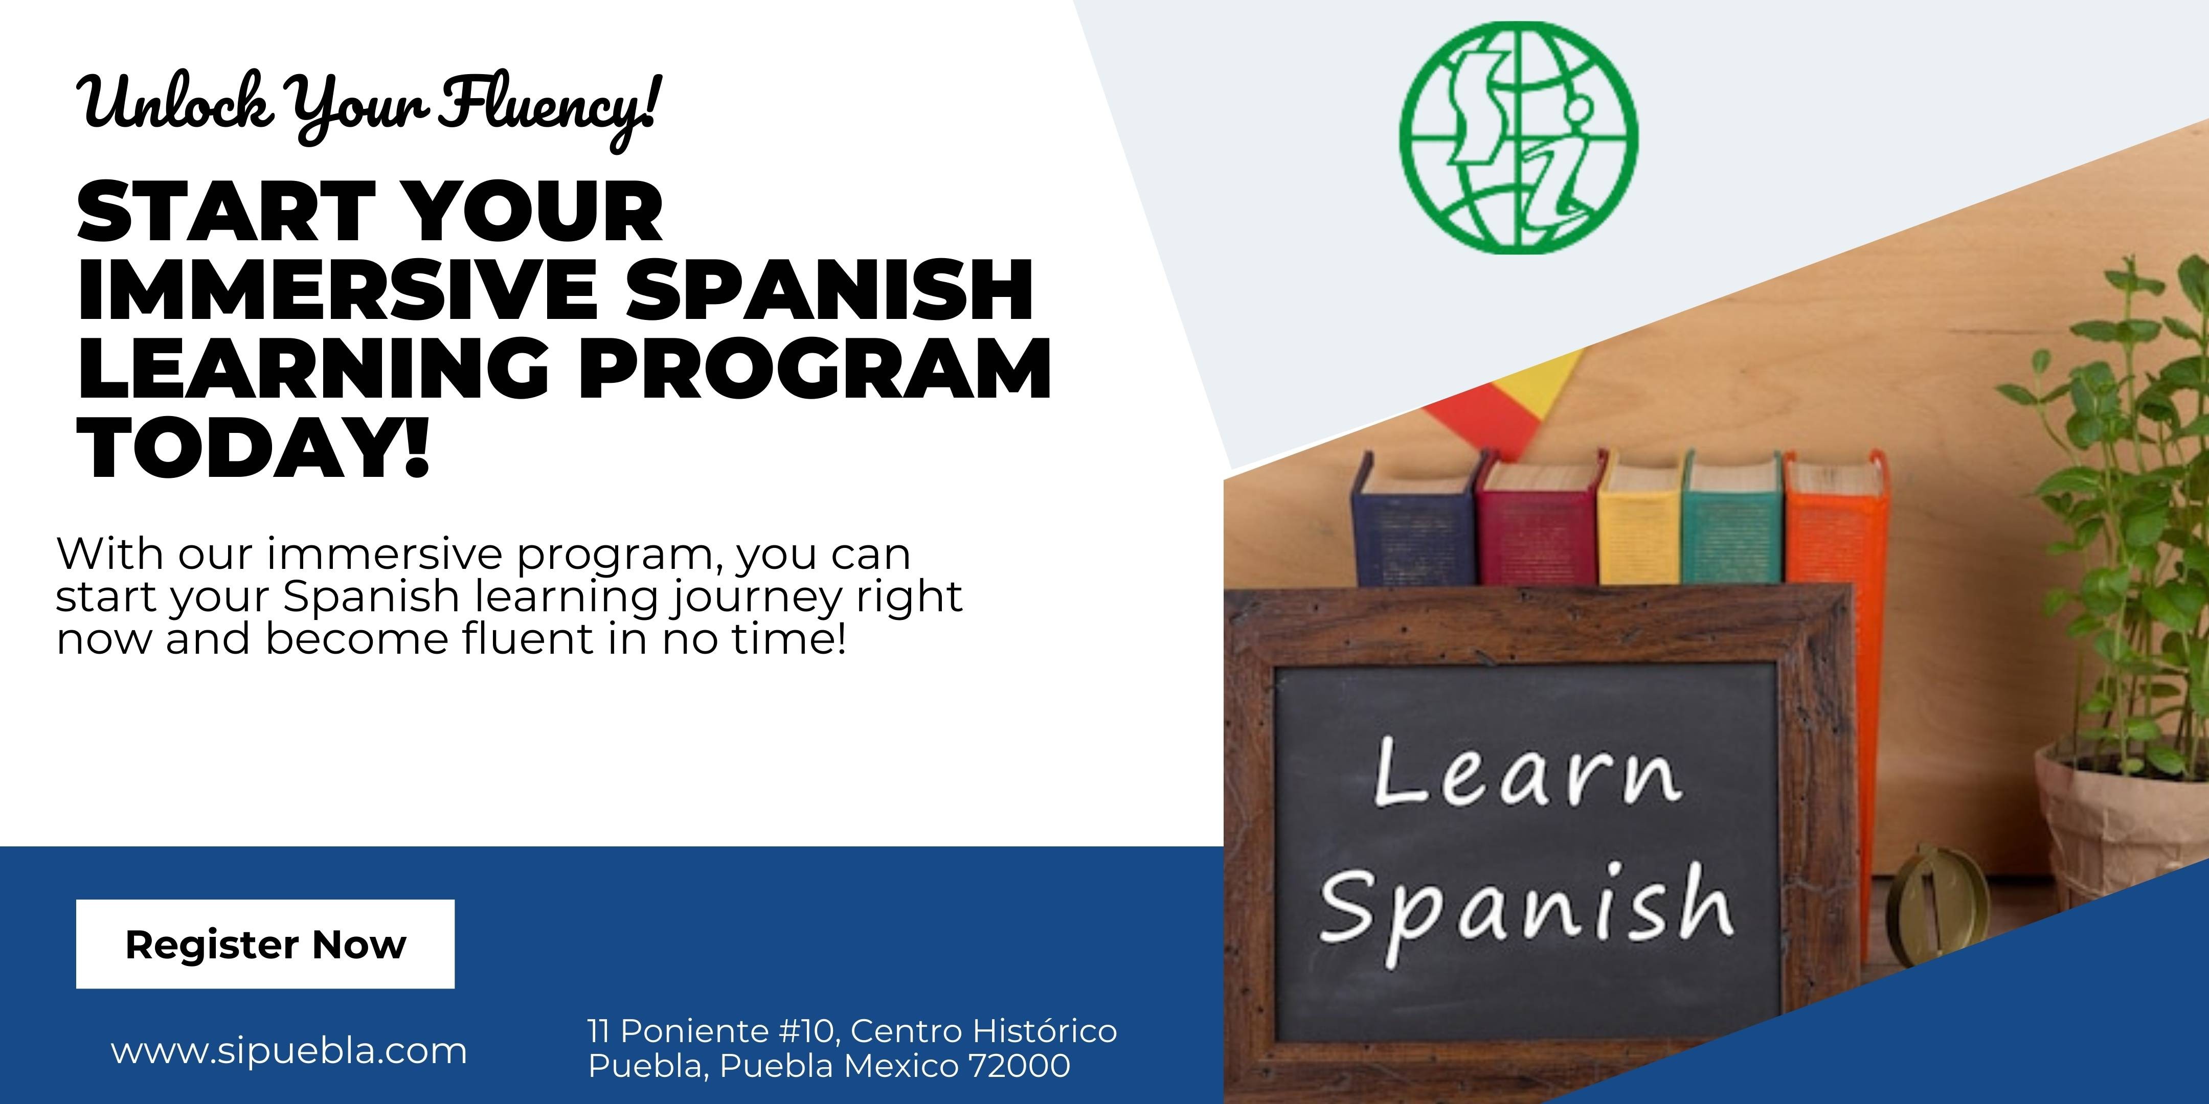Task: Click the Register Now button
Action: (x=265, y=944)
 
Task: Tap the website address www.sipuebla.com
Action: (x=289, y=1051)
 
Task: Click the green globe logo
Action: (x=1519, y=136)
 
